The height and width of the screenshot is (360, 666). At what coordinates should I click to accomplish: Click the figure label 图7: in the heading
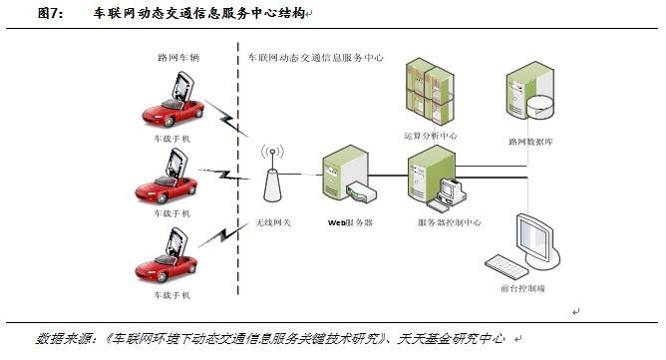coord(50,13)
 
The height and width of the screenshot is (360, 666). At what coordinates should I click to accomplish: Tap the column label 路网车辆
coord(178,58)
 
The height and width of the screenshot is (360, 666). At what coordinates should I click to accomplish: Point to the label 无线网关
coord(273,221)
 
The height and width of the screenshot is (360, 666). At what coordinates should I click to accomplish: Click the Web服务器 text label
coord(350,222)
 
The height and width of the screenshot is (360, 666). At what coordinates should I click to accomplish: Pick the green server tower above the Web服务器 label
coord(345,173)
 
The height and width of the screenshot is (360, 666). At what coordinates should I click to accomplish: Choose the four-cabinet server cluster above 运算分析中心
coord(430,92)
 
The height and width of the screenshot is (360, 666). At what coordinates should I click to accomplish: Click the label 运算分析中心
coord(431,136)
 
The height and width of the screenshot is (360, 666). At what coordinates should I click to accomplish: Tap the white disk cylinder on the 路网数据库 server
coord(540,107)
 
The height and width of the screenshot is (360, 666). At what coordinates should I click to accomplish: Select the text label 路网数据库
coord(530,142)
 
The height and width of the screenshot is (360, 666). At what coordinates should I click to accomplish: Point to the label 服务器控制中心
coord(449,222)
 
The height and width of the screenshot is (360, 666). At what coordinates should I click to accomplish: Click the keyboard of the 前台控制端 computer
coord(505,266)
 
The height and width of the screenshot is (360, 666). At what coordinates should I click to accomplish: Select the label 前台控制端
coord(522,288)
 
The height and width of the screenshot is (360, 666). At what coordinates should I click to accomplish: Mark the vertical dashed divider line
coord(238,169)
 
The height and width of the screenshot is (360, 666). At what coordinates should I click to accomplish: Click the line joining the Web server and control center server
coord(388,176)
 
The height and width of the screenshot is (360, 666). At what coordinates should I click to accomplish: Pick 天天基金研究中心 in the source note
coord(451,339)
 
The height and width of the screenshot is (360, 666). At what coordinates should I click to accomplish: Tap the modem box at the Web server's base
coord(361,191)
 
